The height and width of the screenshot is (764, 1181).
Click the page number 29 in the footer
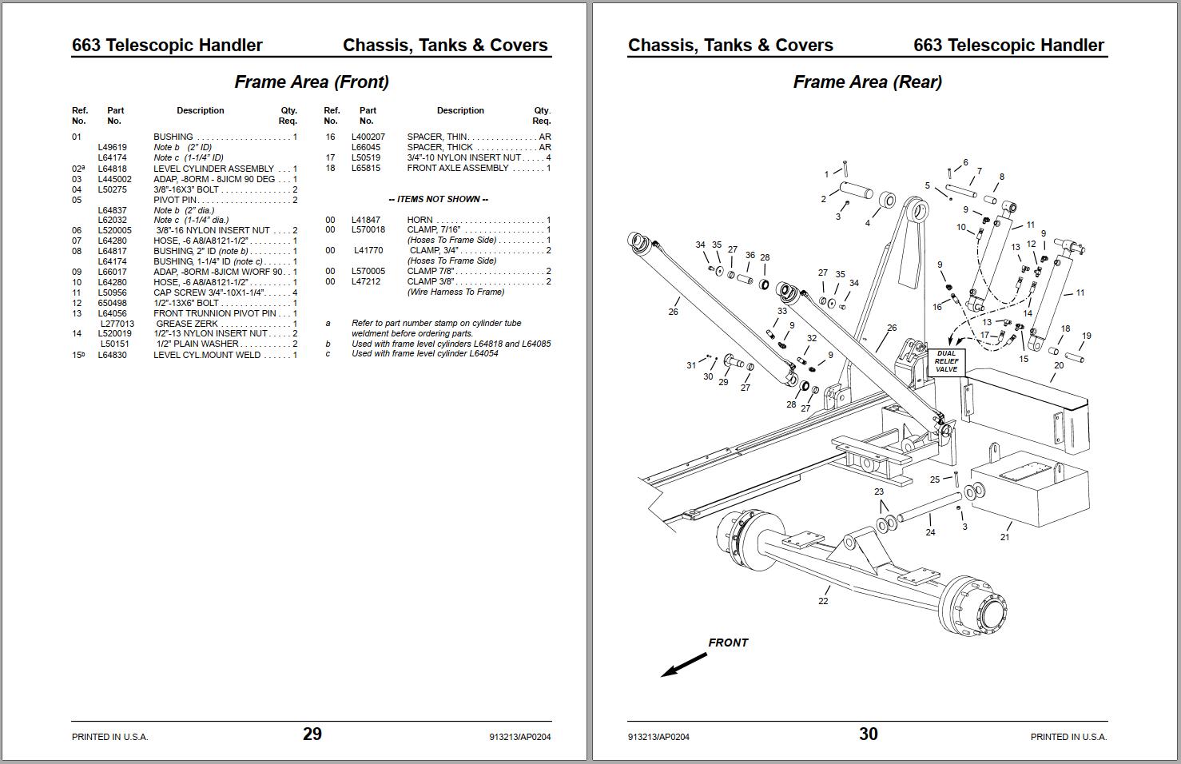click(312, 734)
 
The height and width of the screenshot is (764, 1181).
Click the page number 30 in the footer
click(868, 734)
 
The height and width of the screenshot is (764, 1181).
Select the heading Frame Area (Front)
click(312, 82)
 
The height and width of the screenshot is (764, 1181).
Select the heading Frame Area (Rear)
click(867, 82)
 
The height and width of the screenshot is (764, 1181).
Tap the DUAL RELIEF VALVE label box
click(946, 361)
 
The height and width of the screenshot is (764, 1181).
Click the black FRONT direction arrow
click(684, 664)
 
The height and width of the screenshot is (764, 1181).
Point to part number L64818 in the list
click(112, 169)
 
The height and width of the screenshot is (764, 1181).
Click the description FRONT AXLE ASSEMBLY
click(458, 168)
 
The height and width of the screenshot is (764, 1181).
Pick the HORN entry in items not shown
click(420, 220)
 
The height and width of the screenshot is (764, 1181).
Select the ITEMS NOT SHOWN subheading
click(438, 199)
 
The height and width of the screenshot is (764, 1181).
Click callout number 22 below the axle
click(823, 601)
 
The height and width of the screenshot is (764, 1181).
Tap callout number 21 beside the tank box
click(1004, 537)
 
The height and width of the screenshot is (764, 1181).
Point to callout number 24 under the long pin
click(930, 532)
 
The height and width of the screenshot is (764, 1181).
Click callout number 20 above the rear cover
click(1059, 365)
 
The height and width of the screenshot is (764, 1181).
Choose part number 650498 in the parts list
click(112, 303)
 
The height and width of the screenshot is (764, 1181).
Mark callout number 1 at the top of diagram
click(826, 174)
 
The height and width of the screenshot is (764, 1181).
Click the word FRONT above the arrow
click(728, 643)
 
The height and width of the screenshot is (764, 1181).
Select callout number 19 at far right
click(1086, 336)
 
